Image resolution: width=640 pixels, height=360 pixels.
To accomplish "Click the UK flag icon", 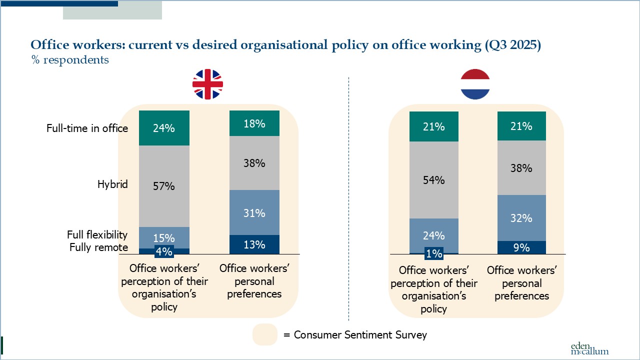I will point(207,84).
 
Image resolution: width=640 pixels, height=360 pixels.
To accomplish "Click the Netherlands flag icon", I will point(474,84).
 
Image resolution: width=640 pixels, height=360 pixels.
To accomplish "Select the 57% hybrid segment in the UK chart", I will point(164,186).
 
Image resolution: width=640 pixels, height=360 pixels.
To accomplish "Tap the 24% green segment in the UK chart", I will point(164,128).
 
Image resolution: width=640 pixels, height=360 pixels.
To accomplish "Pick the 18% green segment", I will point(254,123).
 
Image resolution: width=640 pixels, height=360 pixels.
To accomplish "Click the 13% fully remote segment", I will point(254,244).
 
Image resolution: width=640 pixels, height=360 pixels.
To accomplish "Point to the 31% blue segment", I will point(254,212).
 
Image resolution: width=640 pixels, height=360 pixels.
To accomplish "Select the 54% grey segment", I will point(433,180).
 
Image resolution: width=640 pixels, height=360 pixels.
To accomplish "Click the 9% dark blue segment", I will point(521,247).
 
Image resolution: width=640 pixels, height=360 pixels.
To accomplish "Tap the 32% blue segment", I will point(521,218).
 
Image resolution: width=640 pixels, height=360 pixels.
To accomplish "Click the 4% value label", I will point(164,252).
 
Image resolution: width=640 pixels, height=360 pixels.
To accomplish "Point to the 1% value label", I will point(433,254).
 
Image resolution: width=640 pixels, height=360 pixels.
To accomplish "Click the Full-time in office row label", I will point(87,128).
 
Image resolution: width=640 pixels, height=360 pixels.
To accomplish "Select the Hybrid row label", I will point(112,184).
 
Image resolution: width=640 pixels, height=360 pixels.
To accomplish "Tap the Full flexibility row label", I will point(97,235).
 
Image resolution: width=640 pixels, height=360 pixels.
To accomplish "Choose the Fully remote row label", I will point(98,247).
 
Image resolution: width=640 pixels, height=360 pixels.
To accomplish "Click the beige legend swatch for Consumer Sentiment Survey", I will point(265,334).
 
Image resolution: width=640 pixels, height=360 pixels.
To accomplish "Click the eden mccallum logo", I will point(589,348).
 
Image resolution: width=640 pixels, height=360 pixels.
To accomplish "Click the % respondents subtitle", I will point(70,60).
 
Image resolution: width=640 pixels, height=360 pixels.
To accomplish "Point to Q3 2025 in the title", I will point(512,45).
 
